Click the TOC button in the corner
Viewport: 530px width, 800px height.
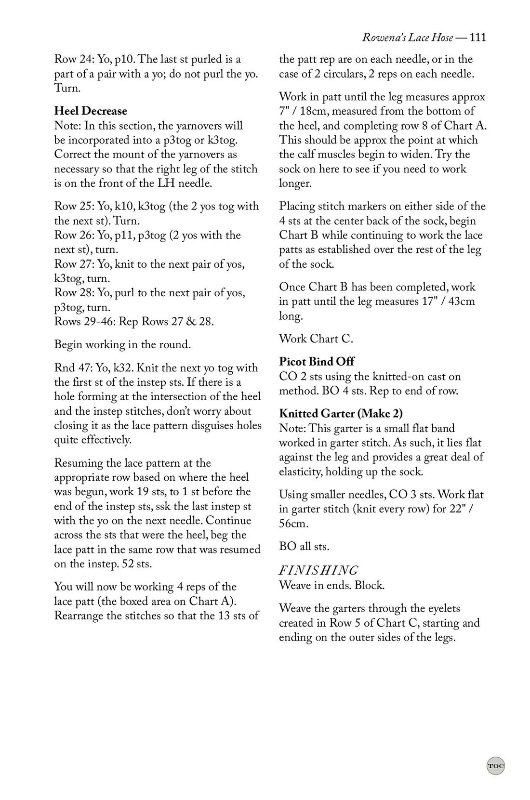(x=495, y=765)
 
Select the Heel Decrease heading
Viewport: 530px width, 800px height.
(x=91, y=111)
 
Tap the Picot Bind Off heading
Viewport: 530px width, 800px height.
(x=317, y=362)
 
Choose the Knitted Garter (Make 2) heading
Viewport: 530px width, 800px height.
(x=341, y=414)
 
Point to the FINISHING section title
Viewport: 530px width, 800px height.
(x=318, y=571)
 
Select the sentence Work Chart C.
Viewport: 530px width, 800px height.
(x=316, y=339)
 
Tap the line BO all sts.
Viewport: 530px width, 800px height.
(x=304, y=547)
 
